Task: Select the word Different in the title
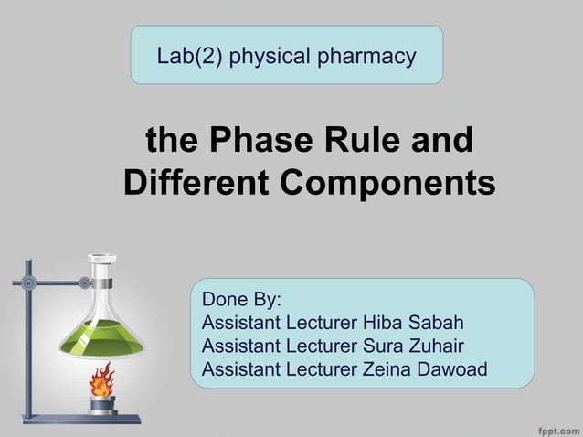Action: coord(196,182)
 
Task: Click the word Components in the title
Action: coord(387,182)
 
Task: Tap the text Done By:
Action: coord(241,300)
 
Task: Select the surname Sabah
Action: coord(434,323)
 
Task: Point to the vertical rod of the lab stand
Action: coord(28,338)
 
